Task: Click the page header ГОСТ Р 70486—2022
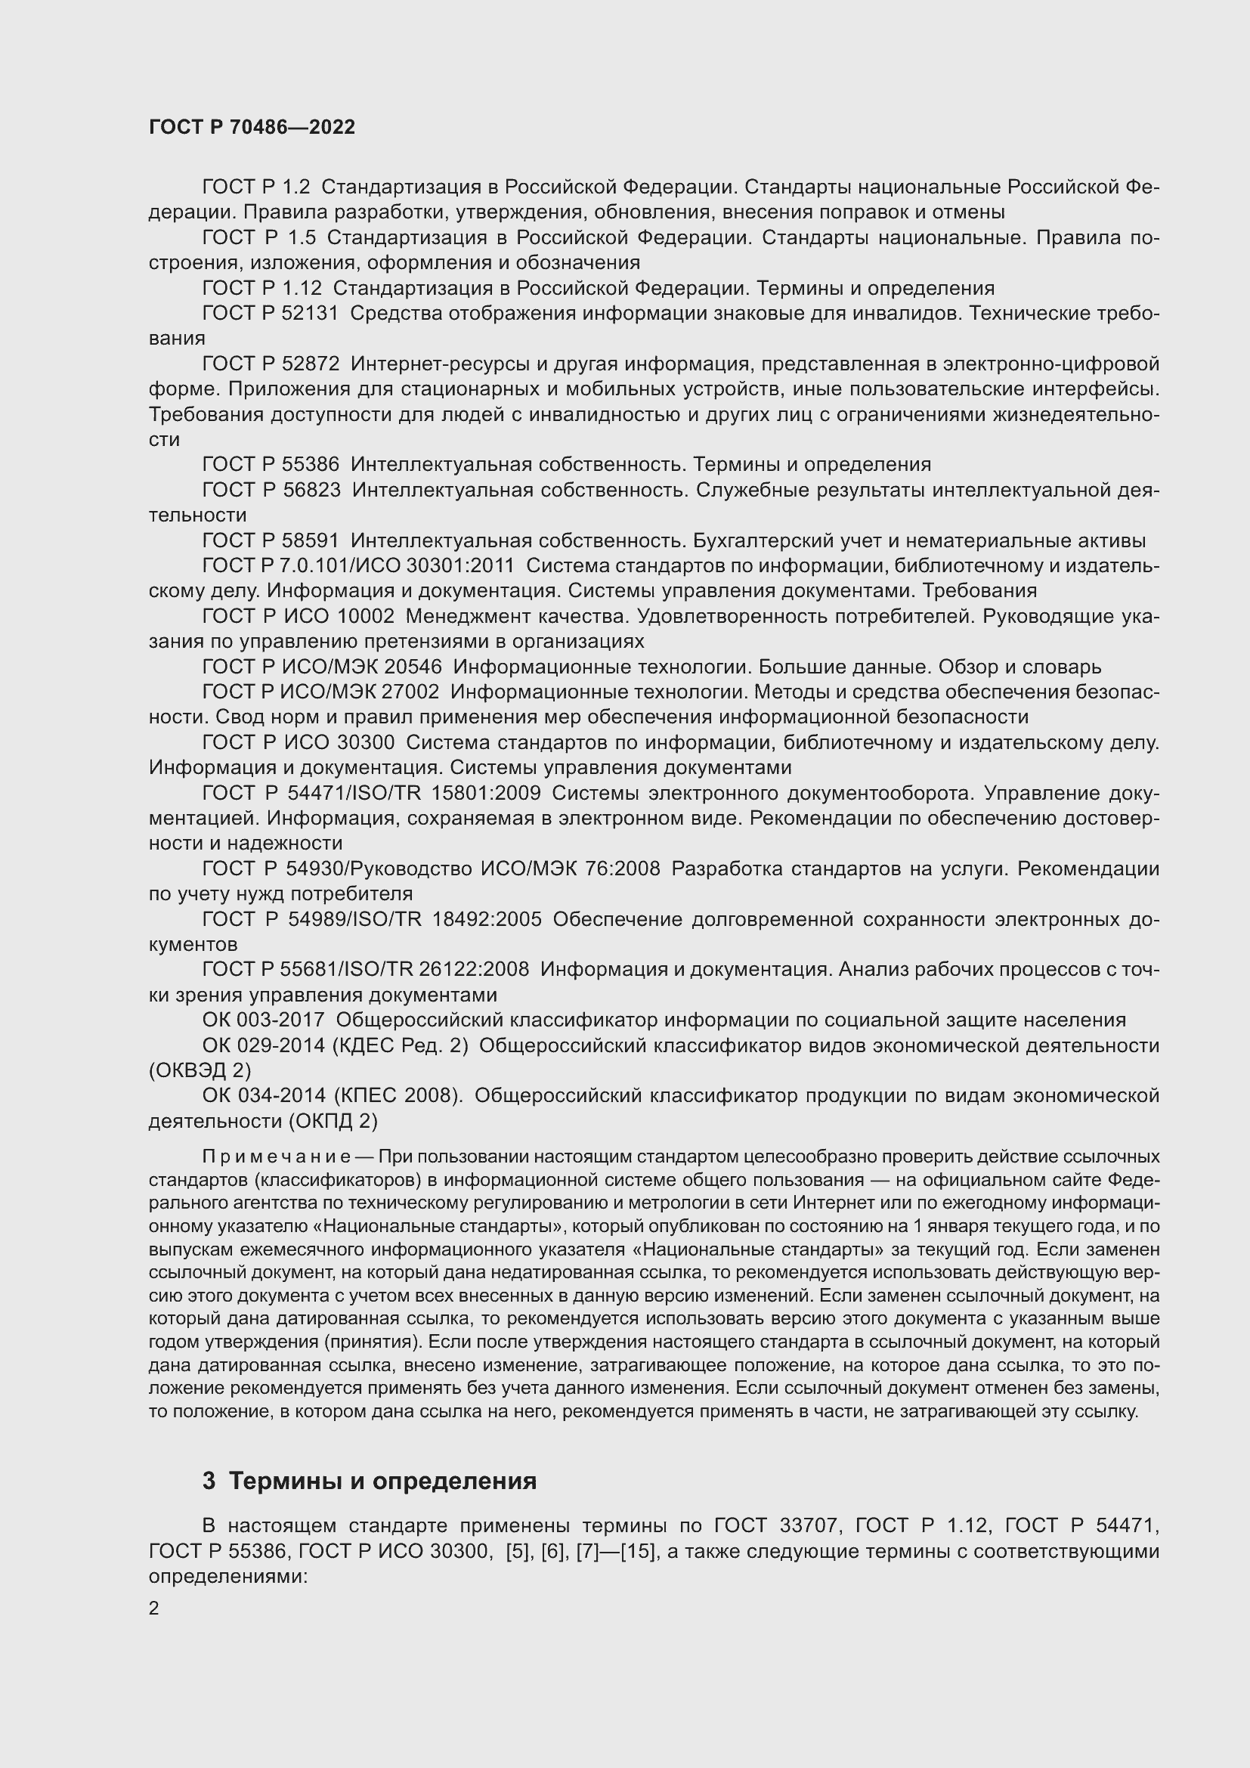(252, 128)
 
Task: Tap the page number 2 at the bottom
(154, 1608)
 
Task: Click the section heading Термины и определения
(382, 1481)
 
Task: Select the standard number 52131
(311, 314)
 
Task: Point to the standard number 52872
(311, 364)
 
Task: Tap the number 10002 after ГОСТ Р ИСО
(365, 617)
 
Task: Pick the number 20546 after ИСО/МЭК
(412, 667)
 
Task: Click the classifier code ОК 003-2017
(264, 1020)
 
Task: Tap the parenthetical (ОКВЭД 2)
(200, 1070)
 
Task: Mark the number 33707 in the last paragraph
(806, 1525)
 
